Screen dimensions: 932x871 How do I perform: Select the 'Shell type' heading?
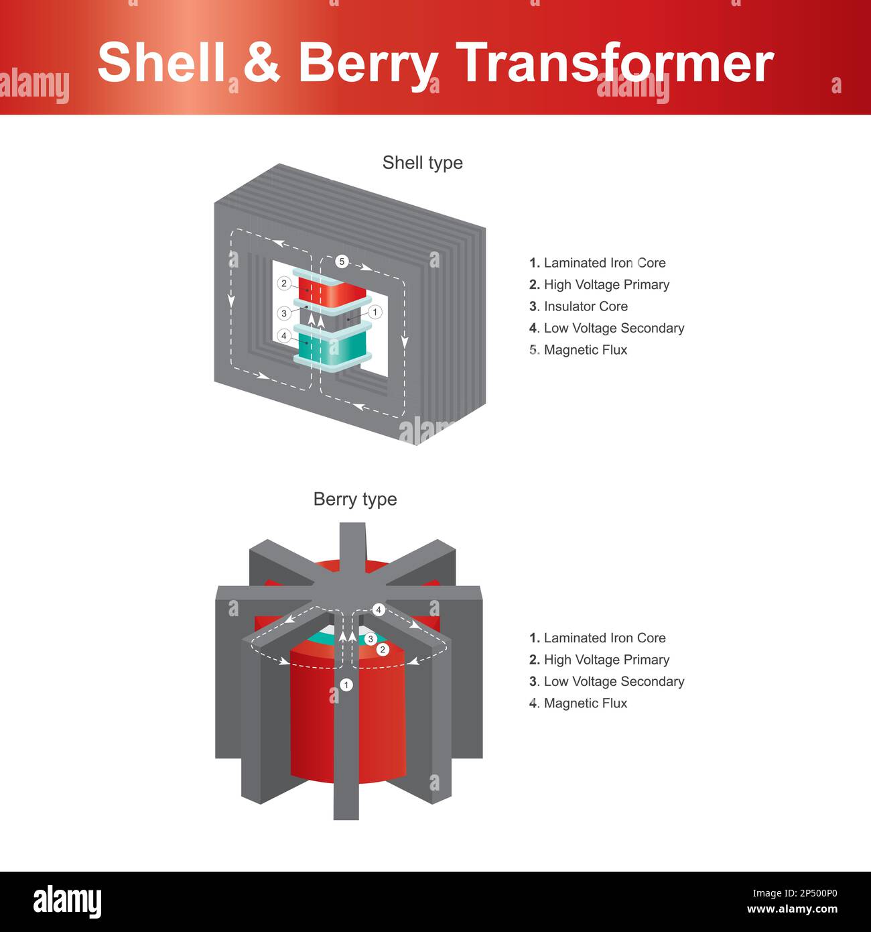422,163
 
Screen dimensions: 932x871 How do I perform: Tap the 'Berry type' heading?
355,500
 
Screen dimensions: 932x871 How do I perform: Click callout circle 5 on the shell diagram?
342,261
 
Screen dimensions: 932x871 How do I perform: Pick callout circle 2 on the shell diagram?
284,284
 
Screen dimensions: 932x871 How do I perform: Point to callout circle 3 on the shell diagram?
284,313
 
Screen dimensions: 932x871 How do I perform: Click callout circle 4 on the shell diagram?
284,336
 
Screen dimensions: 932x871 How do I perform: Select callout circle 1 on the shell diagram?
375,312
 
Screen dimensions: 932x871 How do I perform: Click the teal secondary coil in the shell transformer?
333,348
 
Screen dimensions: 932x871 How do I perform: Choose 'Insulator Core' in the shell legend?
585,306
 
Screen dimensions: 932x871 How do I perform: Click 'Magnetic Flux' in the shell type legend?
585,350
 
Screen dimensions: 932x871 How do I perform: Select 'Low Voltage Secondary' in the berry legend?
613,682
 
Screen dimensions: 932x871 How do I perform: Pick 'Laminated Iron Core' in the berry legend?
604,638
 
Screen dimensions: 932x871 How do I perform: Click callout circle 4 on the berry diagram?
379,610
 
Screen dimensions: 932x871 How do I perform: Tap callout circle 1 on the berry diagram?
346,685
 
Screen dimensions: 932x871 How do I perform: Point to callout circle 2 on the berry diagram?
383,650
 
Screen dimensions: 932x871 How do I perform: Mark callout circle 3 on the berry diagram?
371,639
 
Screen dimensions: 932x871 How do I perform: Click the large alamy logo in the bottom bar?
68,901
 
